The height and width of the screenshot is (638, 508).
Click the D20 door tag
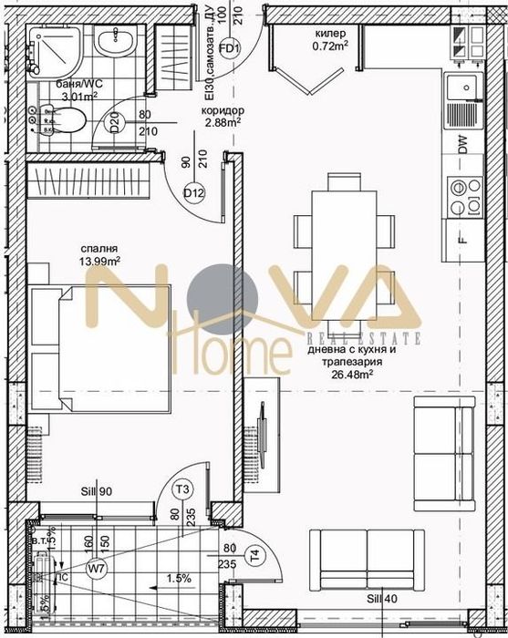pyautogui.click(x=115, y=123)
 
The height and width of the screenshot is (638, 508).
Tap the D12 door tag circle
pyautogui.click(x=193, y=192)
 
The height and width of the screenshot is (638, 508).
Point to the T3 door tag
pyautogui.click(x=183, y=489)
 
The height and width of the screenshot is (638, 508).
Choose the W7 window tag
pyautogui.click(x=96, y=570)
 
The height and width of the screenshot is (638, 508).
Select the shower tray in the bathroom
pyautogui.click(x=54, y=51)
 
